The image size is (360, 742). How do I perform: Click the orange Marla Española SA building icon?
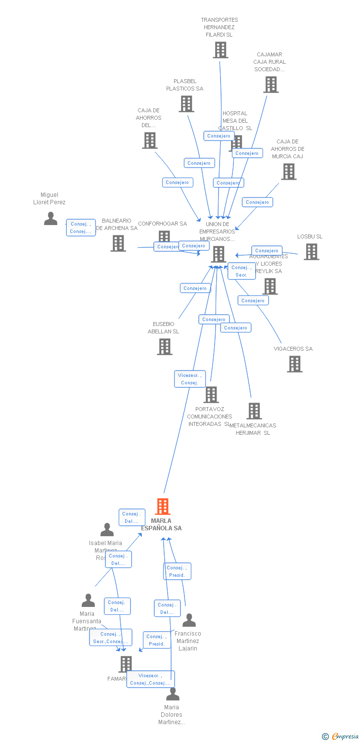[163, 507]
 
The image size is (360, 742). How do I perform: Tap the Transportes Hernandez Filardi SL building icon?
[221, 49]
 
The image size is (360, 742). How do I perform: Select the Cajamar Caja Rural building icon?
[270, 85]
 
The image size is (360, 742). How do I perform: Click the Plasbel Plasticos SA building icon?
[186, 103]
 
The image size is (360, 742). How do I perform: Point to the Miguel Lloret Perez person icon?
[50, 218]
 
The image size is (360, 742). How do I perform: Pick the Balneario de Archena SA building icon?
[118, 243]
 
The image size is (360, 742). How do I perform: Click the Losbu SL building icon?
[311, 251]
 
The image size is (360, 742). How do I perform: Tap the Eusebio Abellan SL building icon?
[165, 346]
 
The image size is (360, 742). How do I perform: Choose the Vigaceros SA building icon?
[295, 364]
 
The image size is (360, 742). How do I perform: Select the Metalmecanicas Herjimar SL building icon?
[254, 411]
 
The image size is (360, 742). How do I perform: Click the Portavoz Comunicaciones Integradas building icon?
[211, 394]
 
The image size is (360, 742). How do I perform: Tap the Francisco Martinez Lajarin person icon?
[189, 620]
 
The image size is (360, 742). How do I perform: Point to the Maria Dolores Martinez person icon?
[173, 694]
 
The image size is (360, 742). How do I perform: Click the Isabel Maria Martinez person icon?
[107, 530]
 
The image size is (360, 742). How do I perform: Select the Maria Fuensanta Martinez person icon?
[88, 601]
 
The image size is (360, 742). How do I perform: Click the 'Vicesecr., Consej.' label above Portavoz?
[190, 379]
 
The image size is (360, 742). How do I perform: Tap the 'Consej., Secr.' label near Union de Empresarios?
[241, 271]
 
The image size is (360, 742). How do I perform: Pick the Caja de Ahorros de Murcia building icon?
[289, 171]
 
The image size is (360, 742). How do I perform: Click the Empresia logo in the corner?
[341, 737]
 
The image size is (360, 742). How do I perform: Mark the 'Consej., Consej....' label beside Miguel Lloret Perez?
[81, 228]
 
